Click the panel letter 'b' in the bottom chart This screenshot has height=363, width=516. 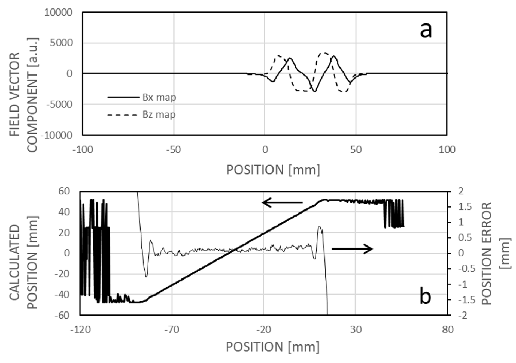[x=425, y=297]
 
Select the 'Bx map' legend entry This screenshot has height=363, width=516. [x=159, y=97]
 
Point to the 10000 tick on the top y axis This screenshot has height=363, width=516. [x=58, y=13]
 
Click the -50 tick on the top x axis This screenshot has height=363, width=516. [x=174, y=149]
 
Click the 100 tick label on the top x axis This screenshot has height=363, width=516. [x=447, y=149]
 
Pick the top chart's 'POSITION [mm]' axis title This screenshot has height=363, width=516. [x=273, y=170]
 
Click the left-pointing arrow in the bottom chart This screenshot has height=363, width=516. [x=282, y=203]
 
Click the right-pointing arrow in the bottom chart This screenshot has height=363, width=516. [x=352, y=249]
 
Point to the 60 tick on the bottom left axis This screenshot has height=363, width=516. [x=64, y=191]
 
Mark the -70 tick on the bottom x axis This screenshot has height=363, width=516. [x=172, y=330]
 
